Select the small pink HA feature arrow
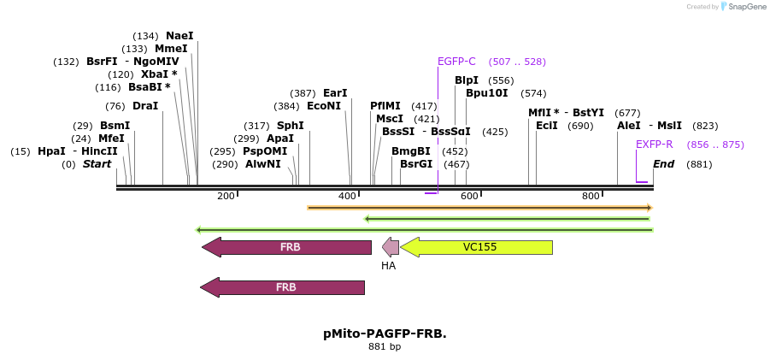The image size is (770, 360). click(391, 247)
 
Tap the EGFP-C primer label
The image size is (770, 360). click(456, 62)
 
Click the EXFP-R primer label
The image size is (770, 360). click(654, 145)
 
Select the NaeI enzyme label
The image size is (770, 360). click(179, 36)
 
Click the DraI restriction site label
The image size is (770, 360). click(145, 106)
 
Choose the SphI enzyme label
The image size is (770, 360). click(290, 126)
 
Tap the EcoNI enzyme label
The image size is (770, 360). click(324, 106)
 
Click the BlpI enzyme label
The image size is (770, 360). click(467, 80)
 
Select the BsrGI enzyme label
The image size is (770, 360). click(417, 164)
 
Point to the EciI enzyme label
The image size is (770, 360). click(547, 126)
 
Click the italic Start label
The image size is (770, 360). click(97, 164)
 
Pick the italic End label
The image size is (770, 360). click(664, 164)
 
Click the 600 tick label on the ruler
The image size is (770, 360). click(469, 197)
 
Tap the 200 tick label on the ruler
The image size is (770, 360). click(226, 197)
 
